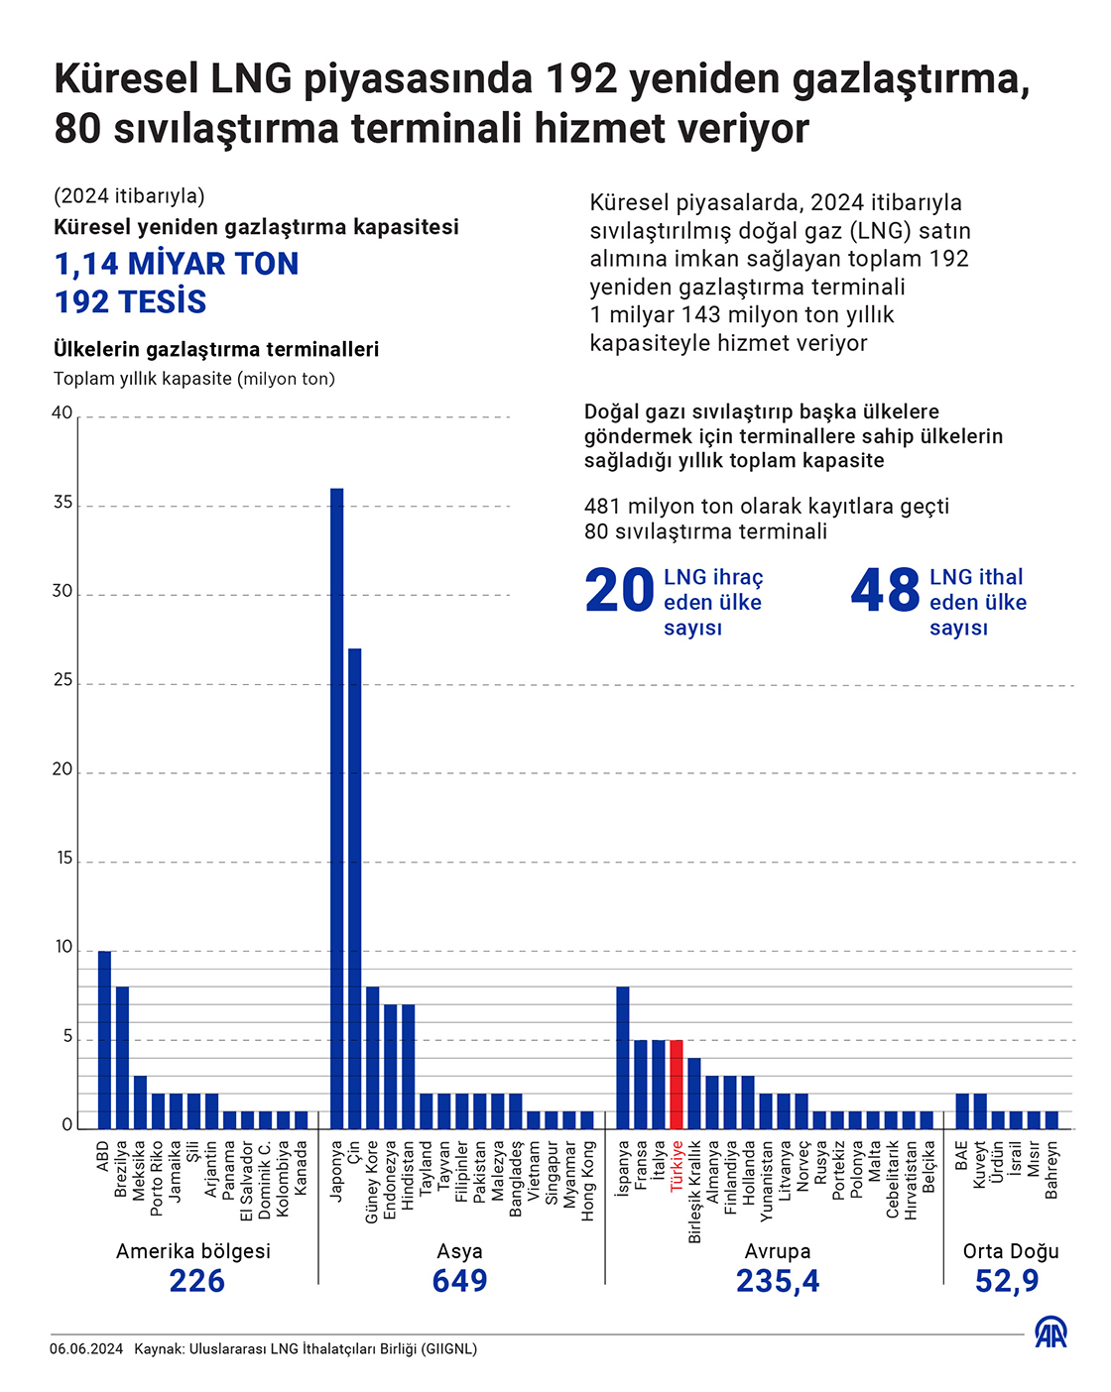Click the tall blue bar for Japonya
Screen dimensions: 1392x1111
click(336, 808)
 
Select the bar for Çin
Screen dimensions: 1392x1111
click(354, 888)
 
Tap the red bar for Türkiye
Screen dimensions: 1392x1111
click(677, 1084)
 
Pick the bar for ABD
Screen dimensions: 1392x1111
click(104, 1039)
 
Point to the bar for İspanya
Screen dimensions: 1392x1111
click(623, 1057)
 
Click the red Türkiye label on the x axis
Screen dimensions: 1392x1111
click(677, 1165)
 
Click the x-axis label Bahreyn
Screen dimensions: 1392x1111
click(1051, 1170)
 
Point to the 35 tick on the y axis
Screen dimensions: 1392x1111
click(62, 503)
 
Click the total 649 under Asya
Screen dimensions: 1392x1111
click(459, 1281)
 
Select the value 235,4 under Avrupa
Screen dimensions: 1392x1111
click(778, 1281)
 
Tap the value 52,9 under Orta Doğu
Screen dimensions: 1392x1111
click(1007, 1281)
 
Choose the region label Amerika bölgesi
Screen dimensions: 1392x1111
click(193, 1251)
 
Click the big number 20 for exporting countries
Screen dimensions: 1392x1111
click(619, 591)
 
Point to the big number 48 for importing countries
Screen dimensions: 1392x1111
click(885, 591)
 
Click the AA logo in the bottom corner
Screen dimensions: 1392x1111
click(1051, 1332)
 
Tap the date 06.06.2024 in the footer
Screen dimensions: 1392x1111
click(86, 1349)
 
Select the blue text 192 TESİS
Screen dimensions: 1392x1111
click(130, 302)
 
